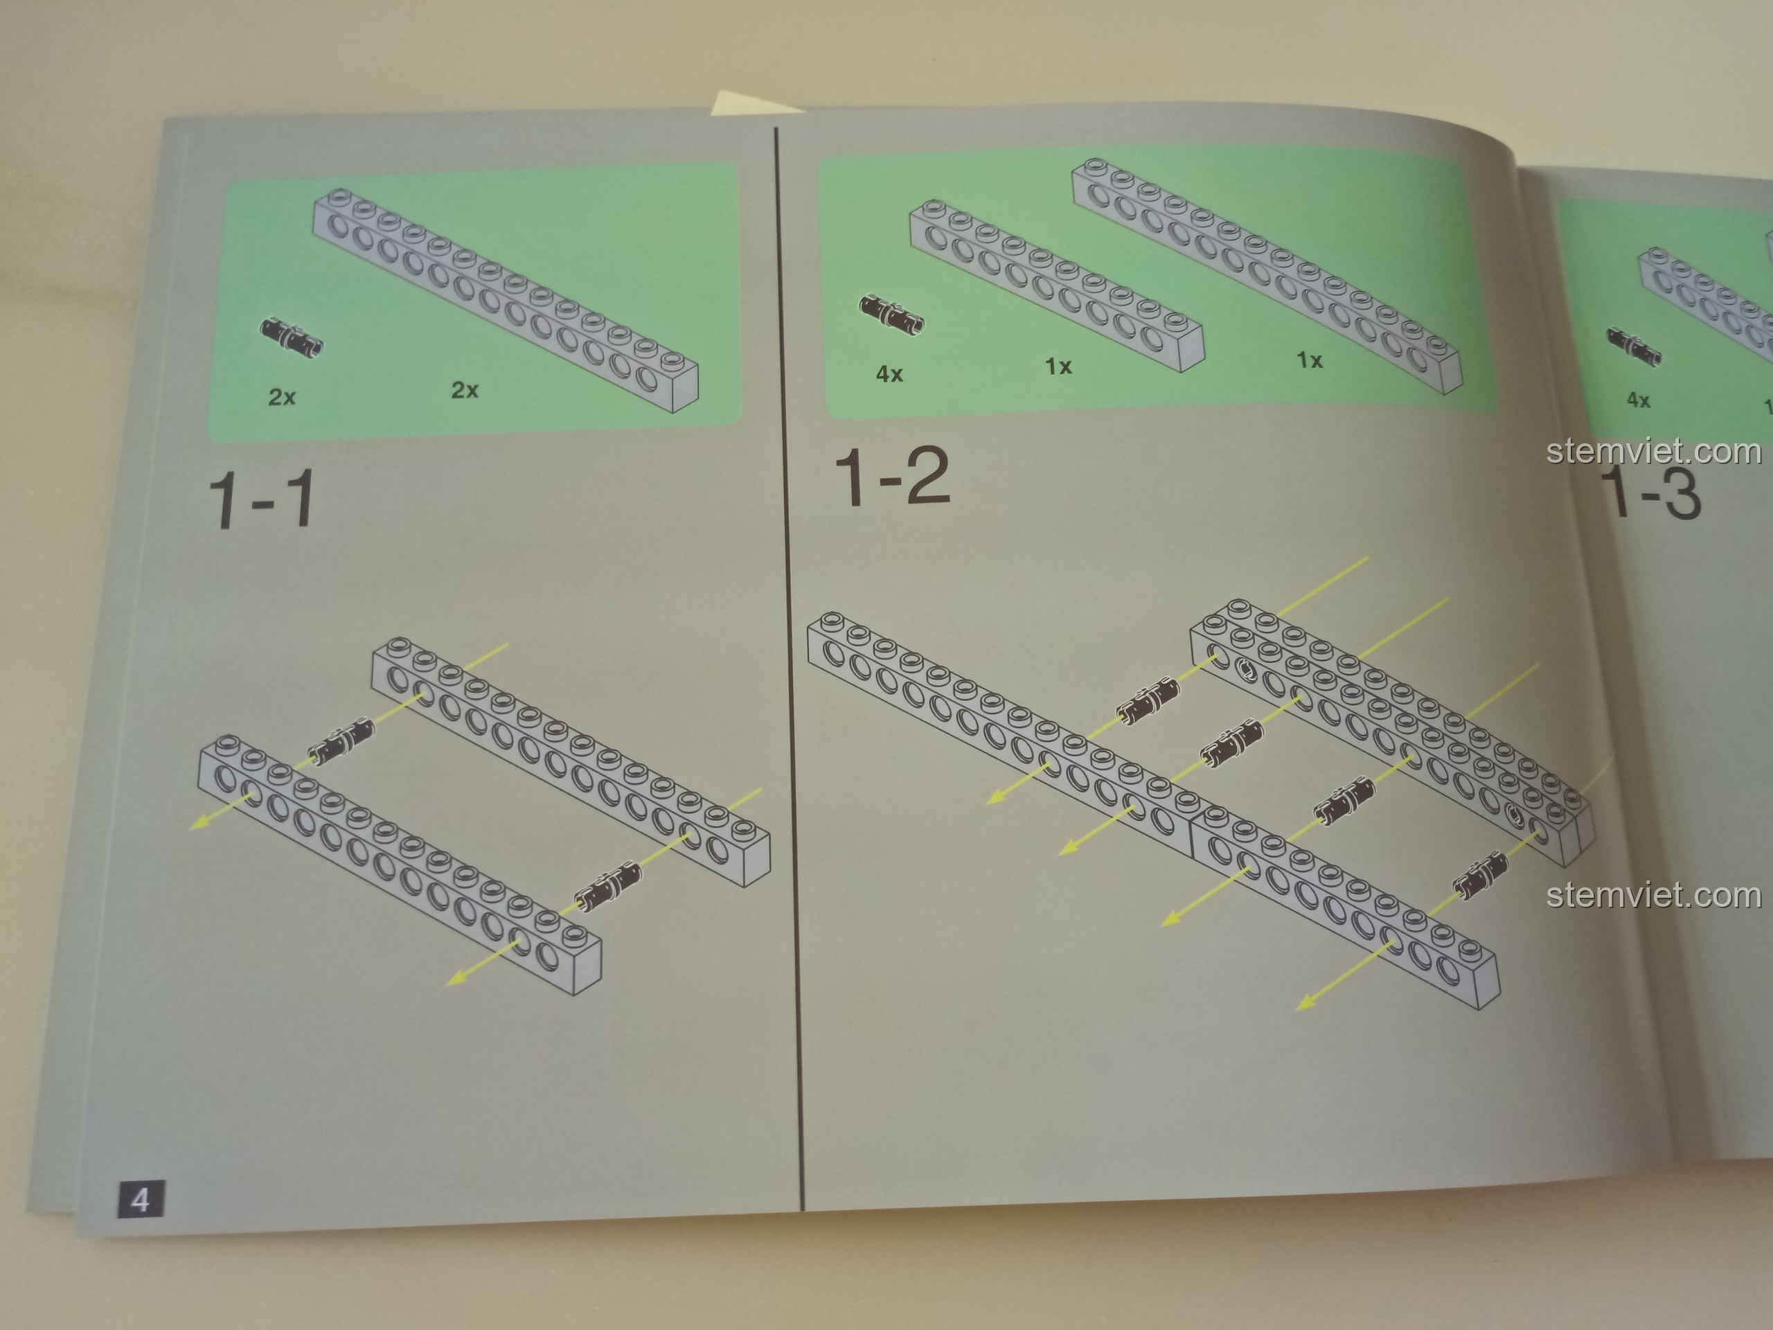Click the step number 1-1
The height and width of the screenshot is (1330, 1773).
[x=261, y=501]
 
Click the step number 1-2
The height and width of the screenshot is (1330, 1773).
[x=892, y=477]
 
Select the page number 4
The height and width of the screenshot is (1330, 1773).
[x=141, y=1201]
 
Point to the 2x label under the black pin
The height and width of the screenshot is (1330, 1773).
[x=282, y=397]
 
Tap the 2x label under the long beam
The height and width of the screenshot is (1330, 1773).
[x=465, y=391]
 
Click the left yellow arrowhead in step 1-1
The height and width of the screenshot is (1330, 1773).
[x=201, y=822]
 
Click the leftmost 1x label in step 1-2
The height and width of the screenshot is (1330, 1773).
[x=1058, y=366]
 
